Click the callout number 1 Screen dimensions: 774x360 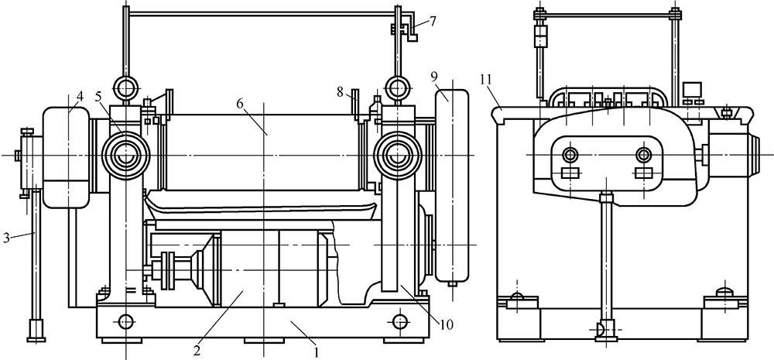pyautogui.click(x=317, y=352)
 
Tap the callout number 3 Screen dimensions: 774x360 pyautogui.click(x=6, y=238)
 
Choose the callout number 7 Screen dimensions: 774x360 pyautogui.click(x=433, y=22)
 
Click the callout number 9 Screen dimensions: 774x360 pyautogui.click(x=433, y=77)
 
